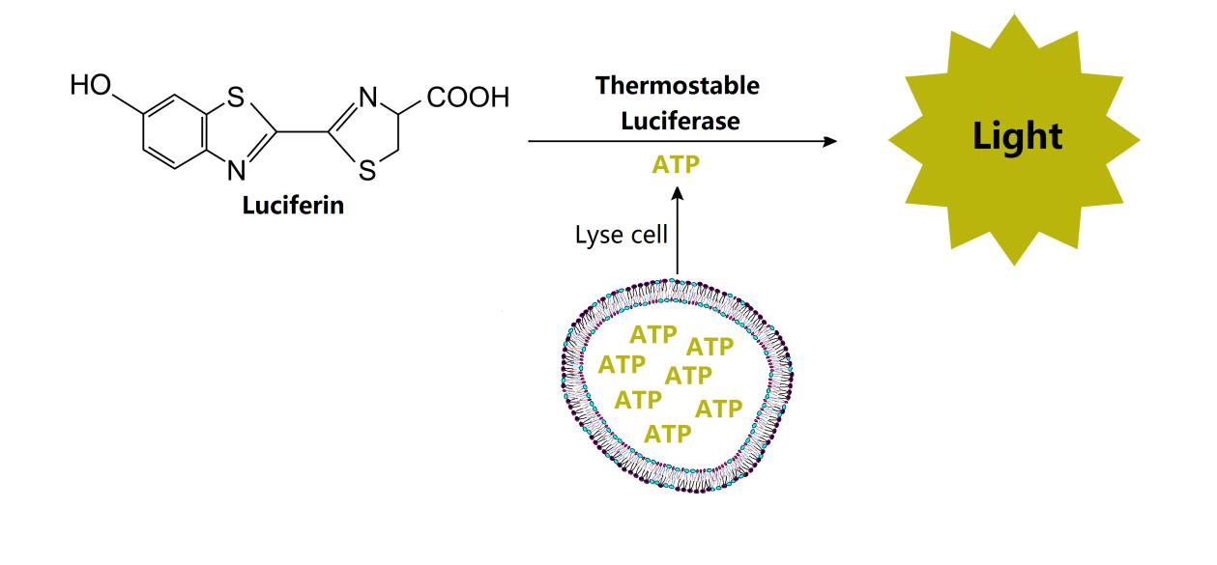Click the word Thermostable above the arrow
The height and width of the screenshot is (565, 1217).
click(678, 85)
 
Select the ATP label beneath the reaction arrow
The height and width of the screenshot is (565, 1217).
click(677, 165)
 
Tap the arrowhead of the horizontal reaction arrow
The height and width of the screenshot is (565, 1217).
click(828, 141)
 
